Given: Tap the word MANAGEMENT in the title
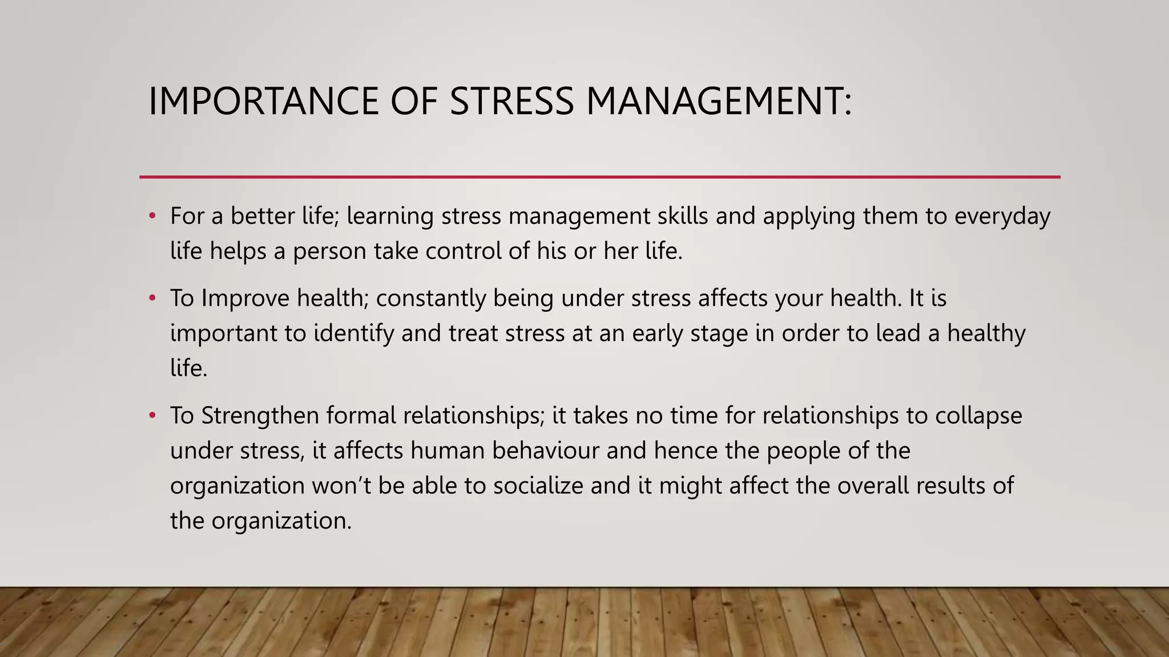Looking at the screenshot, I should click(x=719, y=102).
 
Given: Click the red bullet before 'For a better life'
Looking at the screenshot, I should click(x=152, y=216).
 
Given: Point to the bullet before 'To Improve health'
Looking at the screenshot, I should click(x=152, y=298).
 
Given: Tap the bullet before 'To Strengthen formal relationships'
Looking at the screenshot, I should click(x=152, y=416).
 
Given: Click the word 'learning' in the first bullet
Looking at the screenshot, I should click(x=390, y=217).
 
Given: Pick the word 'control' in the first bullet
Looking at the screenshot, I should click(x=463, y=251).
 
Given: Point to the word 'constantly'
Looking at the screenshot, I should click(x=430, y=298).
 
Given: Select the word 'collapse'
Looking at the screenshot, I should click(x=978, y=416).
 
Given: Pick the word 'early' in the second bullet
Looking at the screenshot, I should click(x=658, y=334).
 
